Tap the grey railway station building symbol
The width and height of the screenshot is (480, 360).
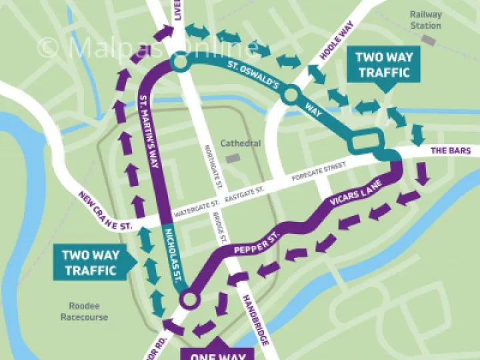pyautogui.click(x=429, y=41)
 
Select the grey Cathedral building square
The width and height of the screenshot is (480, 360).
pyautogui.click(x=232, y=159)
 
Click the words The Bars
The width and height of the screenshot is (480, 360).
pyautogui.click(x=450, y=151)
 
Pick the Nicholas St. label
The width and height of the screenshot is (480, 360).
pyautogui.click(x=171, y=257)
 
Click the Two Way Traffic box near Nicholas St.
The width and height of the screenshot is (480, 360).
pyautogui.click(x=89, y=262)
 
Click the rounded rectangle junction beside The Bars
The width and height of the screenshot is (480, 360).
pyautogui.click(x=365, y=142)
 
